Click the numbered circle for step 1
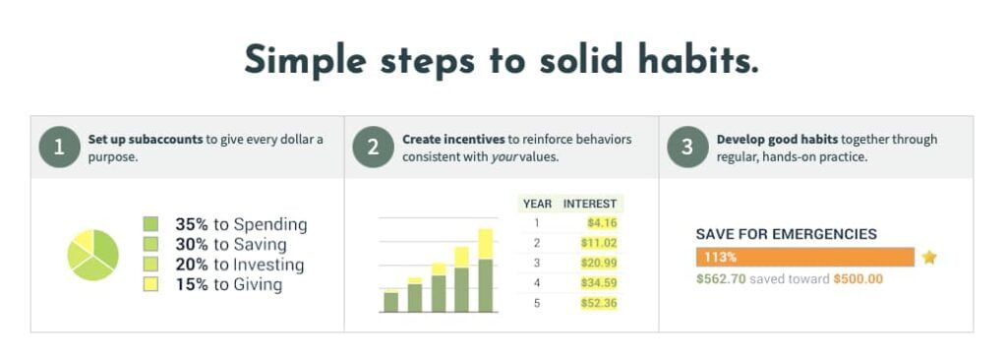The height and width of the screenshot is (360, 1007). point(59,148)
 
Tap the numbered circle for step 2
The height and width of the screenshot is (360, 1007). point(373,148)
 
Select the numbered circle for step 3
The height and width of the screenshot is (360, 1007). point(687,148)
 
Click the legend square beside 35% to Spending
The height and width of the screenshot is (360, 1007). point(150,224)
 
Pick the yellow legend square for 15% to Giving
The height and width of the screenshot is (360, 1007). point(150,284)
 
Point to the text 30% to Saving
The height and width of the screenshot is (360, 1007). point(230,244)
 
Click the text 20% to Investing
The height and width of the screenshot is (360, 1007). point(240,265)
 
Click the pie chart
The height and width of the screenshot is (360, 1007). point(93,255)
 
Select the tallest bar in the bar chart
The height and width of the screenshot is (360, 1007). point(486,270)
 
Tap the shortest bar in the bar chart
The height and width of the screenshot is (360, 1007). point(390,301)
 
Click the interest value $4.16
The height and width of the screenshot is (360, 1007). point(602,223)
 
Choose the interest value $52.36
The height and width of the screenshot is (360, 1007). point(599,303)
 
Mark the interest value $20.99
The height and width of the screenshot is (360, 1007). point(599,263)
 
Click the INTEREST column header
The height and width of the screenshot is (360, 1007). point(590,204)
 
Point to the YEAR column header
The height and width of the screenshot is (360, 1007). point(537,204)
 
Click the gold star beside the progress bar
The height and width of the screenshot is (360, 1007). point(929,257)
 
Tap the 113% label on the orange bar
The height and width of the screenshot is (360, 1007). point(720,257)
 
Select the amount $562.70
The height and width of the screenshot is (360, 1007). point(721,279)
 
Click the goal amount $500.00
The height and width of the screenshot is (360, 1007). point(858,279)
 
